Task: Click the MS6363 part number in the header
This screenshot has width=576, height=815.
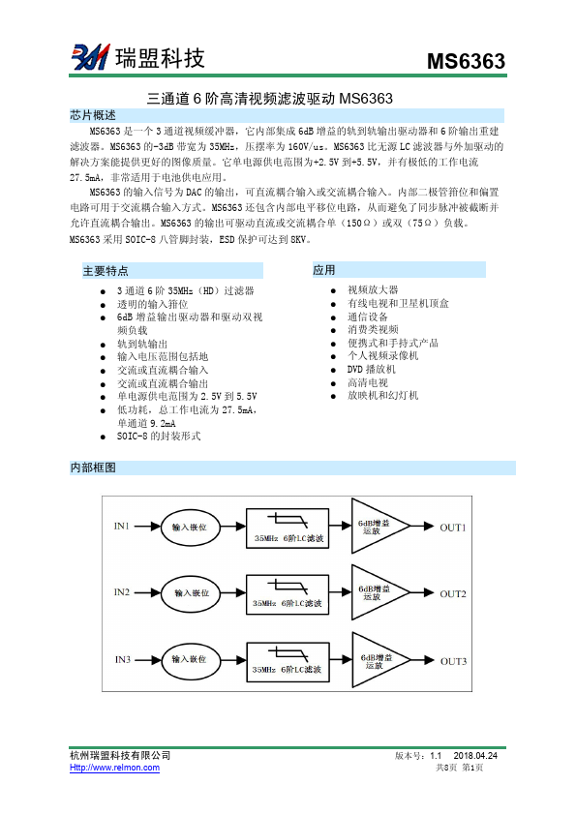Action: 467,62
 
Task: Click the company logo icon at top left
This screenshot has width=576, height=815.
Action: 89,58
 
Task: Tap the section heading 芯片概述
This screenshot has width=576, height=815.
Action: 93,115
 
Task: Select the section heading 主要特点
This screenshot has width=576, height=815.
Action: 106,271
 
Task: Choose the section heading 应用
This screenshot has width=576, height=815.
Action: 324,270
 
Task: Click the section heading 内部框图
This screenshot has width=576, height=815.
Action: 93,468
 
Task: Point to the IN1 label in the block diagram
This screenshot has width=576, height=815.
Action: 122,527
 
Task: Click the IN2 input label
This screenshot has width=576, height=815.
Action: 122,591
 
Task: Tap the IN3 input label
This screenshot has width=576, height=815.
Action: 122,659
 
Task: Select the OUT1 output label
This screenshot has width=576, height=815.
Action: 453,528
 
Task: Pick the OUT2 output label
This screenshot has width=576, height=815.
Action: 453,594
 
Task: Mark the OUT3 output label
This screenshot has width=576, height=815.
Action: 453,661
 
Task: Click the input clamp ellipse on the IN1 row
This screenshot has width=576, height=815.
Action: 190,528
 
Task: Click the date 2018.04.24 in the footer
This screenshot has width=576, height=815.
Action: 481,755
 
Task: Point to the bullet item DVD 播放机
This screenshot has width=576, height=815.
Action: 372,370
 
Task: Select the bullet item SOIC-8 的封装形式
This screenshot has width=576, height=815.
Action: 159,437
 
